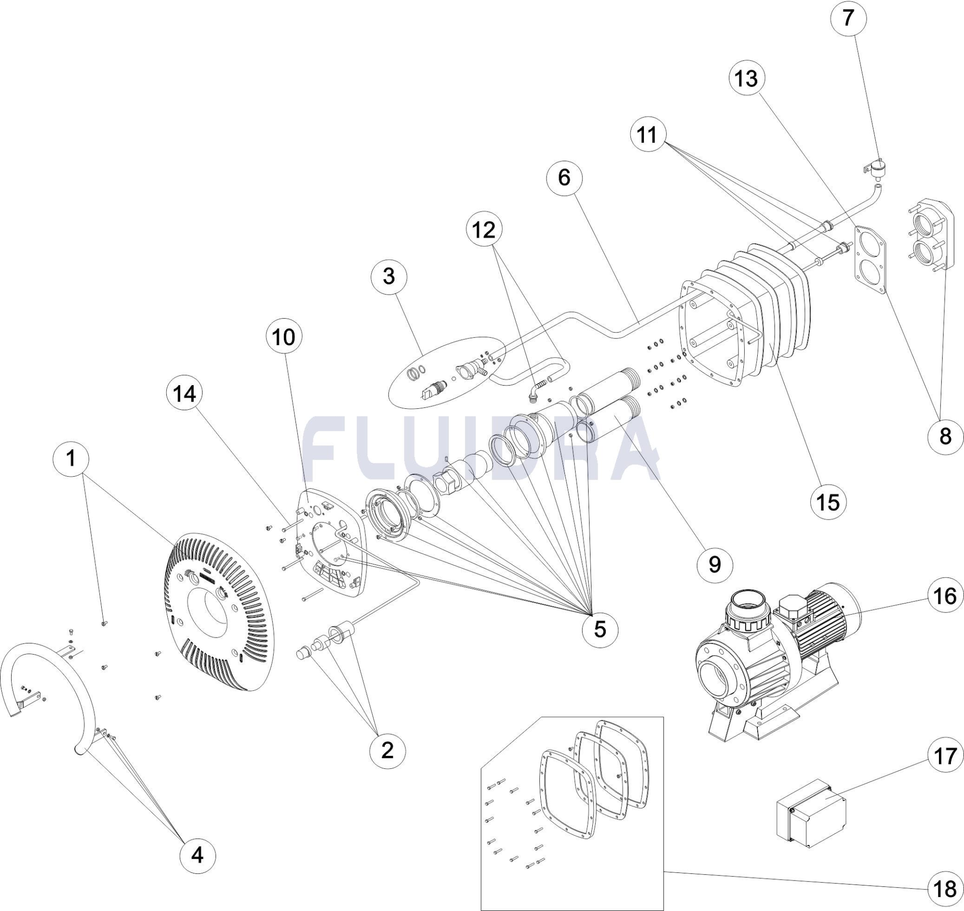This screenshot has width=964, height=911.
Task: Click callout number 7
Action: [x=848, y=18]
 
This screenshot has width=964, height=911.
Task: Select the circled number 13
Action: [x=747, y=78]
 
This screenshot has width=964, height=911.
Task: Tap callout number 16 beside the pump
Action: [x=945, y=596]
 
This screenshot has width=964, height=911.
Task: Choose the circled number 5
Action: [x=600, y=629]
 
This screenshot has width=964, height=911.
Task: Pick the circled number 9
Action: [x=714, y=564]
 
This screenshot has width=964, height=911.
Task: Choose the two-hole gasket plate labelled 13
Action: [x=870, y=260]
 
